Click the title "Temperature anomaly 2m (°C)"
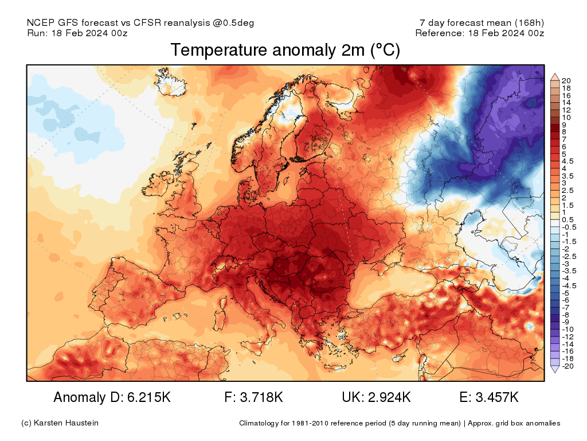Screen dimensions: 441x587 pos(285,51)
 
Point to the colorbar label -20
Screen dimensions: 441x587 pos(566,366)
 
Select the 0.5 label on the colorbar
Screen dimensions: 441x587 pos(567,219)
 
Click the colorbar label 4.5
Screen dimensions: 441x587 pos(567,161)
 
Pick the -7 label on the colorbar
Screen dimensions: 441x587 pos(565,307)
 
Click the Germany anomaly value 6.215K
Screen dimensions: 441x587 pos(144,397)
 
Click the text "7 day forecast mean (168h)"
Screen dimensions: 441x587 pos(482,23)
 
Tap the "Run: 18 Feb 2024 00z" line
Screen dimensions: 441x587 pos(77,33)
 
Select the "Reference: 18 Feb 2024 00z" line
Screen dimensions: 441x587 pos(479,33)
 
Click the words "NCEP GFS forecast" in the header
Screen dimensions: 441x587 pos(72,23)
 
